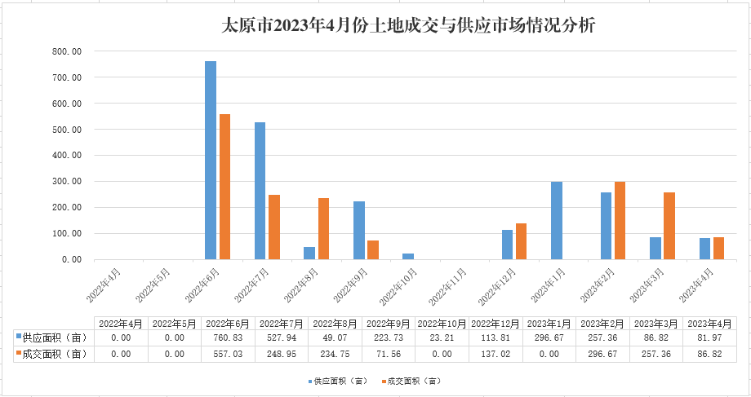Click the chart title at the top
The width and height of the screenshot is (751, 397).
(x=409, y=25)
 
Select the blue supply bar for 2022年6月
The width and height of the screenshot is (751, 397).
(x=211, y=160)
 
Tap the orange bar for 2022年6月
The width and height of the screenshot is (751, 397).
(x=224, y=187)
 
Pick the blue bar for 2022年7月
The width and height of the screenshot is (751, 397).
(x=260, y=191)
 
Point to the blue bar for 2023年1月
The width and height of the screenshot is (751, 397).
(x=557, y=220)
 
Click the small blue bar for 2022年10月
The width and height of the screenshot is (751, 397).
(x=408, y=256)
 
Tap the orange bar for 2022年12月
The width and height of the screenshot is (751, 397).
(x=522, y=241)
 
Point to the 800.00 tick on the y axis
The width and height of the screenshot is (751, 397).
(x=66, y=51)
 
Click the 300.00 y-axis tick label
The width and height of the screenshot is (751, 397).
(x=66, y=181)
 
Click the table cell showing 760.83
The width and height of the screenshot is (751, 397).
(x=229, y=337)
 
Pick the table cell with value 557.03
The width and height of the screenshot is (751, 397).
(x=229, y=354)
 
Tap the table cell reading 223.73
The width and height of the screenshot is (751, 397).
(x=388, y=337)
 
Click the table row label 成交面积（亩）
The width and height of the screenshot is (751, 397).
(x=53, y=354)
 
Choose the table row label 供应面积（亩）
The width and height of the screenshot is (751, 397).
(x=53, y=337)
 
